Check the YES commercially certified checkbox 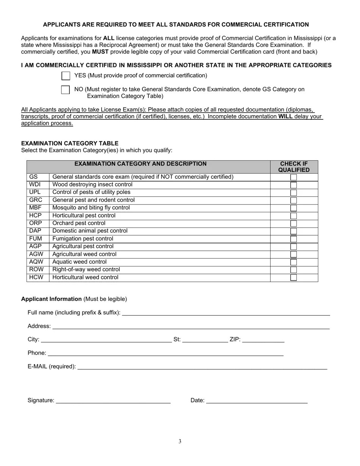[66, 76]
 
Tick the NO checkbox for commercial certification [66, 90]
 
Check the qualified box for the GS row [293, 177]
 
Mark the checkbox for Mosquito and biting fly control [293, 208]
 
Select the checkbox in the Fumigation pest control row [293, 239]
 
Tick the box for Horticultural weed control [293, 278]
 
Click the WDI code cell [35, 185]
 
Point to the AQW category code [36, 262]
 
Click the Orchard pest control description [79, 223]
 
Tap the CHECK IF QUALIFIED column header [294, 167]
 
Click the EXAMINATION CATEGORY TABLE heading [70, 143]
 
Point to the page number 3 [180, 441]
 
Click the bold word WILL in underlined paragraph [285, 116]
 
